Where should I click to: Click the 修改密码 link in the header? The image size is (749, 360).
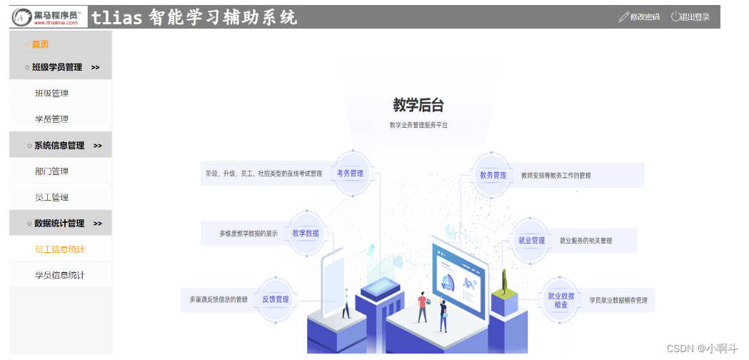pos(639,17)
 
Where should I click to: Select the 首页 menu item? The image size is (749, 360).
pos(40,44)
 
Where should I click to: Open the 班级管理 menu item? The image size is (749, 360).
pos(51,93)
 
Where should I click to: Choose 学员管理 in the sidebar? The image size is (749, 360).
pos(51,119)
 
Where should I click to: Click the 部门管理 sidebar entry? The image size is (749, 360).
pos(51,171)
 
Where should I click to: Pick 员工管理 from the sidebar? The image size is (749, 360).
pos(51,197)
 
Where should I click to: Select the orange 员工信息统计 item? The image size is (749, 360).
pos(60,249)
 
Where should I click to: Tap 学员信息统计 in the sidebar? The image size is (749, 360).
pos(60,275)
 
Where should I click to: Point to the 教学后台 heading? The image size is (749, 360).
pos(418,105)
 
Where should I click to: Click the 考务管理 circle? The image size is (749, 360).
pos(351,173)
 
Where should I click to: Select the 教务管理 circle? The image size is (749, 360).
pos(493,174)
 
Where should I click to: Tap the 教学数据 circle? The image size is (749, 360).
pos(306,233)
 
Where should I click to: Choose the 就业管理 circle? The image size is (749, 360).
pos(532,240)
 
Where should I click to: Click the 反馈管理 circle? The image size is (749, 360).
pos(276,299)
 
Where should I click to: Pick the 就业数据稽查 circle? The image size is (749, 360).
pos(561,299)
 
